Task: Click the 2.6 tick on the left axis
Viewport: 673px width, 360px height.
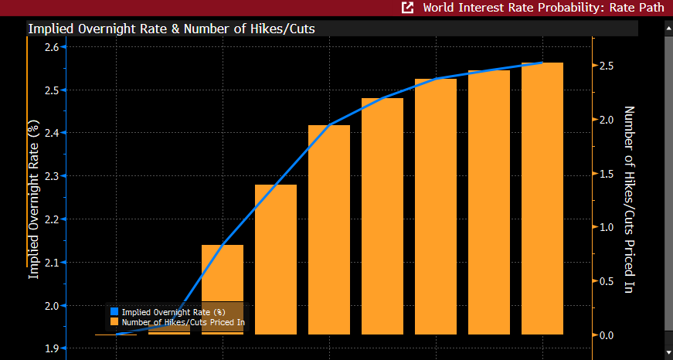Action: click(53, 47)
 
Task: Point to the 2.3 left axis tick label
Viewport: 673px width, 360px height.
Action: click(53, 176)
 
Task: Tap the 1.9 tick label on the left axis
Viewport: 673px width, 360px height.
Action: click(53, 348)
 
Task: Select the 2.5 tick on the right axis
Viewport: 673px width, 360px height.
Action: click(607, 66)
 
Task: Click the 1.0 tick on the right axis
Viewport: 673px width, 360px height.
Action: click(607, 227)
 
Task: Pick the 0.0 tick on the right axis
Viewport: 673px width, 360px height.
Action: click(607, 335)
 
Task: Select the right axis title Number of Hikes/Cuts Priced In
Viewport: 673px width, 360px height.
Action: click(628, 199)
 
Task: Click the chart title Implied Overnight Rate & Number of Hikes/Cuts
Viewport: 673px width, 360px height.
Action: click(171, 29)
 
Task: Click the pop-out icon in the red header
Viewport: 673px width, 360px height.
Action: click(407, 8)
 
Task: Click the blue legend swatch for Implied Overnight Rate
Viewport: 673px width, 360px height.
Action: click(114, 311)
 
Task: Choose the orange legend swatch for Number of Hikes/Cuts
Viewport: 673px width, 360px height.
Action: click(114, 321)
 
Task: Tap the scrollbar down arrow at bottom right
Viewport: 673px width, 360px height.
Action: click(667, 352)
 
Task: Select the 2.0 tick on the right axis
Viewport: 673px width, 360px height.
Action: click(607, 120)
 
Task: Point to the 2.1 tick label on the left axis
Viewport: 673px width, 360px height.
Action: click(53, 263)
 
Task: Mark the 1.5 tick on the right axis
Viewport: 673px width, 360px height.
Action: click(607, 174)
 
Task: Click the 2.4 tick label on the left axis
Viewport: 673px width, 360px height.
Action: click(53, 133)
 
